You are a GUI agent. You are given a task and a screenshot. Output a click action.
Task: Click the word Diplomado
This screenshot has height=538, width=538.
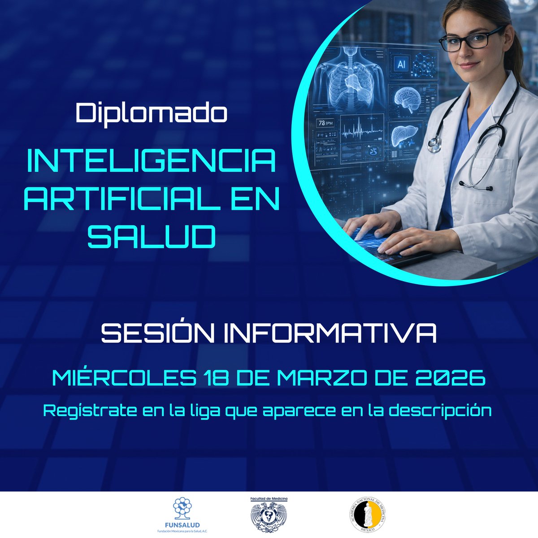click(x=152, y=113)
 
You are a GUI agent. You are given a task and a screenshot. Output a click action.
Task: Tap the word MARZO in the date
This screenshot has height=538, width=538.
click(x=322, y=378)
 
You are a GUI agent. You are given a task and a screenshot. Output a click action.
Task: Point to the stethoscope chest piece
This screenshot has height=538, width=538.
click(x=434, y=144)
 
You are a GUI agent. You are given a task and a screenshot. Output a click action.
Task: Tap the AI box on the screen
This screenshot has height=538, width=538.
click(x=401, y=65)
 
